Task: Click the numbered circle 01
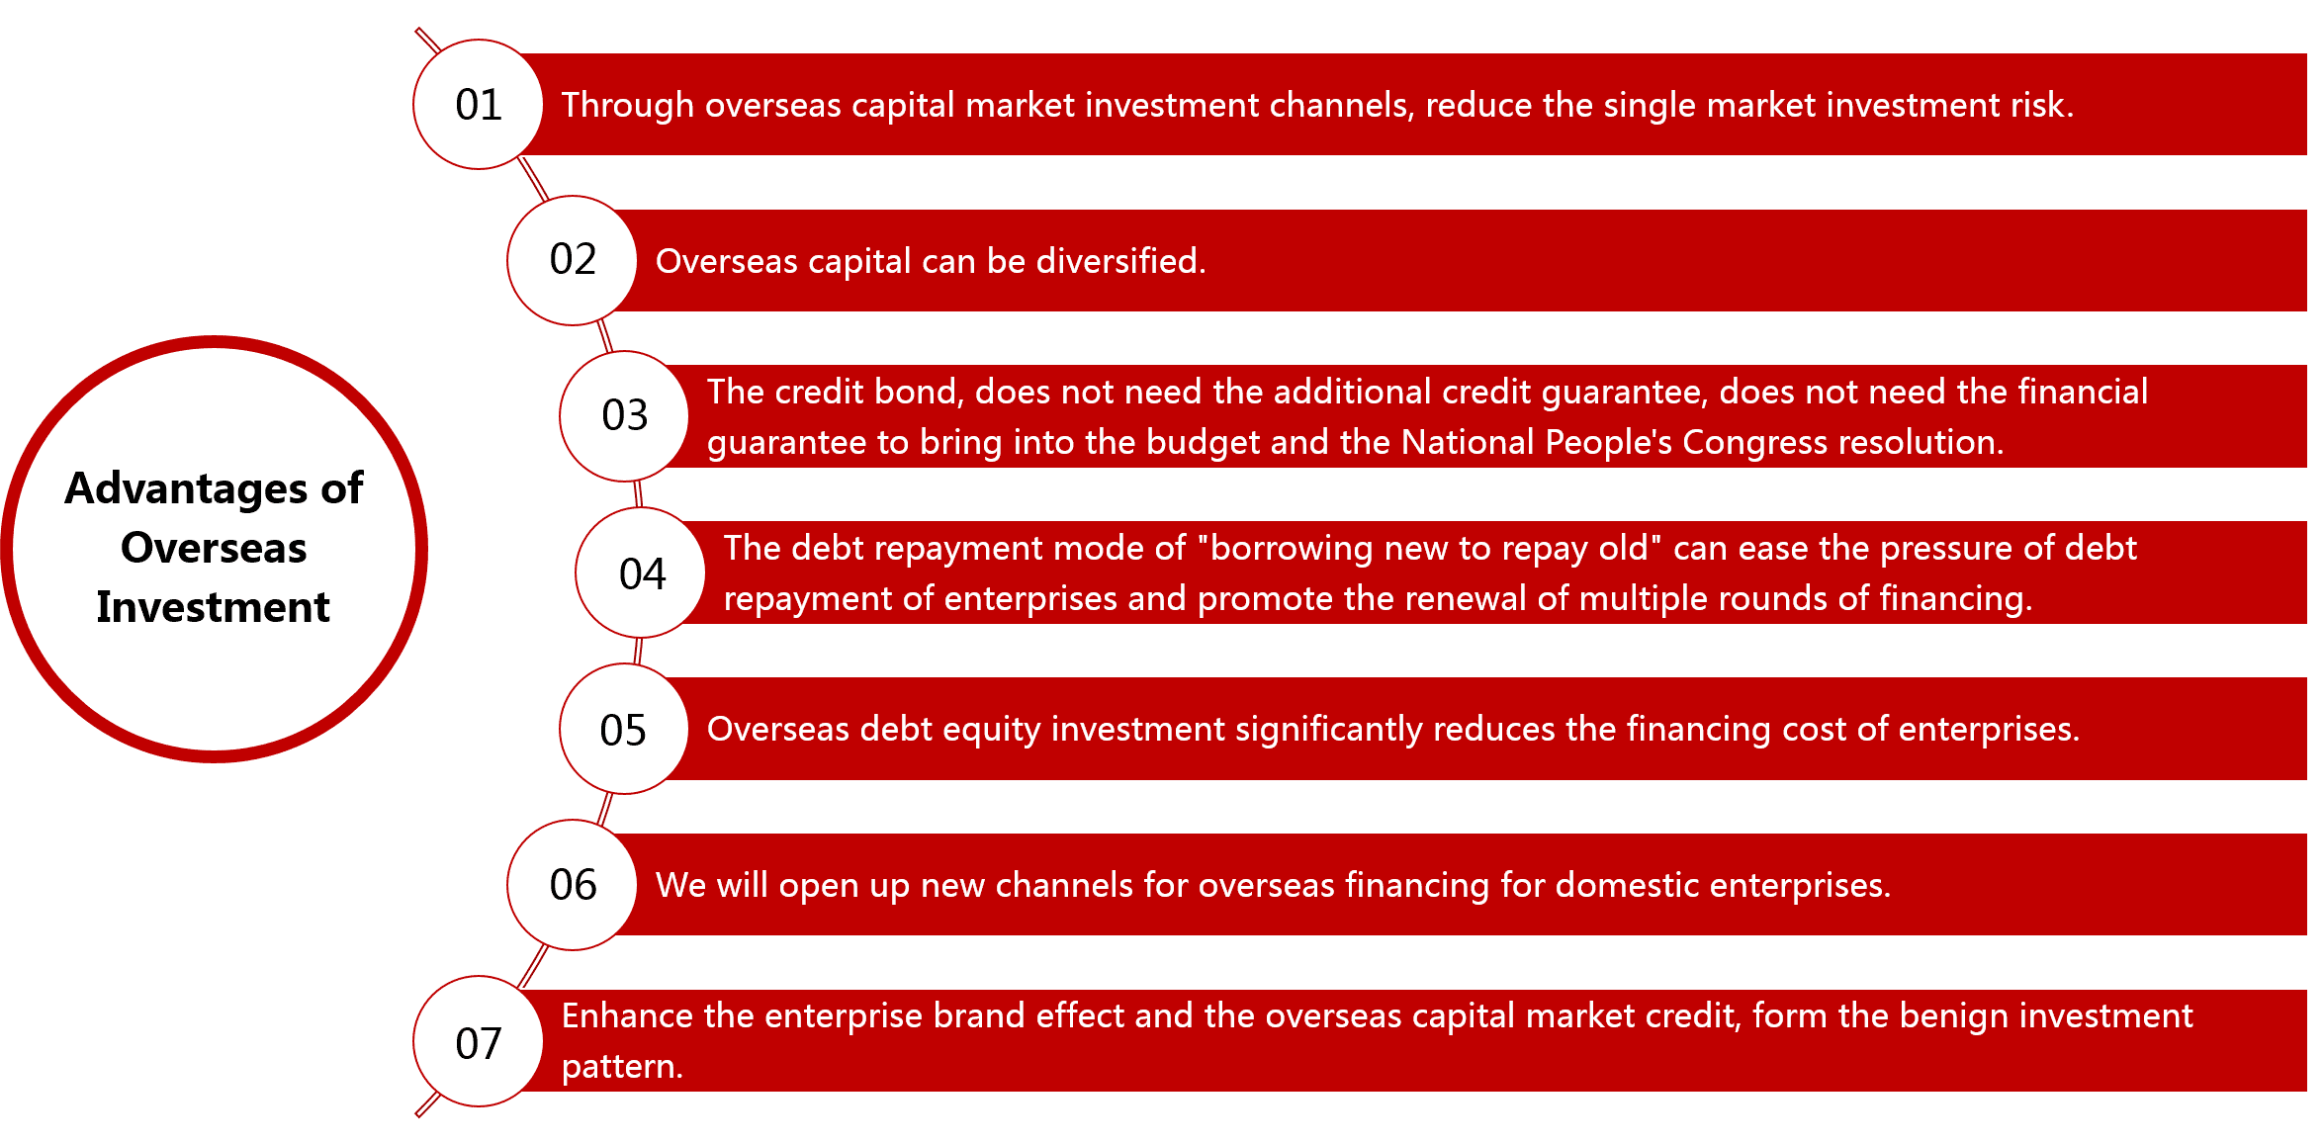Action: pyautogui.click(x=478, y=105)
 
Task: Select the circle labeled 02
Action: pyautogui.click(x=573, y=260)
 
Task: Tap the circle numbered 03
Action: pyautogui.click(x=624, y=416)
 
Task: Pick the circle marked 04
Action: pyautogui.click(x=641, y=572)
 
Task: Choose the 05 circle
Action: pyautogui.click(x=624, y=729)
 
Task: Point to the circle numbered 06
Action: pyautogui.click(x=573, y=885)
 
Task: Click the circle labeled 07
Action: pyautogui.click(x=478, y=1041)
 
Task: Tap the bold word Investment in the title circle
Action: pyautogui.click(x=214, y=607)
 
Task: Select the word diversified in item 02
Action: pyautogui.click(x=1120, y=261)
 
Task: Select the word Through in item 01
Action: pyautogui.click(x=628, y=106)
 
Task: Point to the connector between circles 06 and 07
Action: pyautogui.click(x=533, y=966)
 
